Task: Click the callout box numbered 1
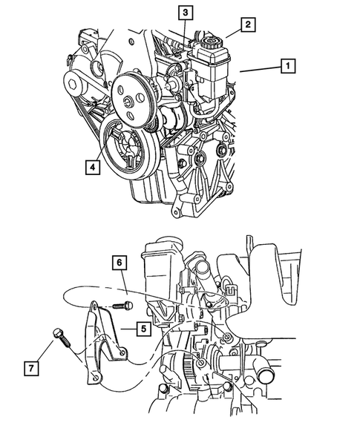288,66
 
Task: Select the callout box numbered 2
248,24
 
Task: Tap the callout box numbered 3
186,13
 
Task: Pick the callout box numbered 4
93,167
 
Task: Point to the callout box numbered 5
143,329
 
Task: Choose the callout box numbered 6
120,263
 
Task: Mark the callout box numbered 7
31,368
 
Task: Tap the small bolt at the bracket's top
122,305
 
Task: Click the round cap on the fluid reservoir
211,43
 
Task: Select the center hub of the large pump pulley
129,102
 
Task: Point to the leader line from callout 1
261,69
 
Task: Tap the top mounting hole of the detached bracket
95,306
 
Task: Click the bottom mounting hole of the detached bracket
96,378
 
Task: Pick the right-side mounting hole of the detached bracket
122,352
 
